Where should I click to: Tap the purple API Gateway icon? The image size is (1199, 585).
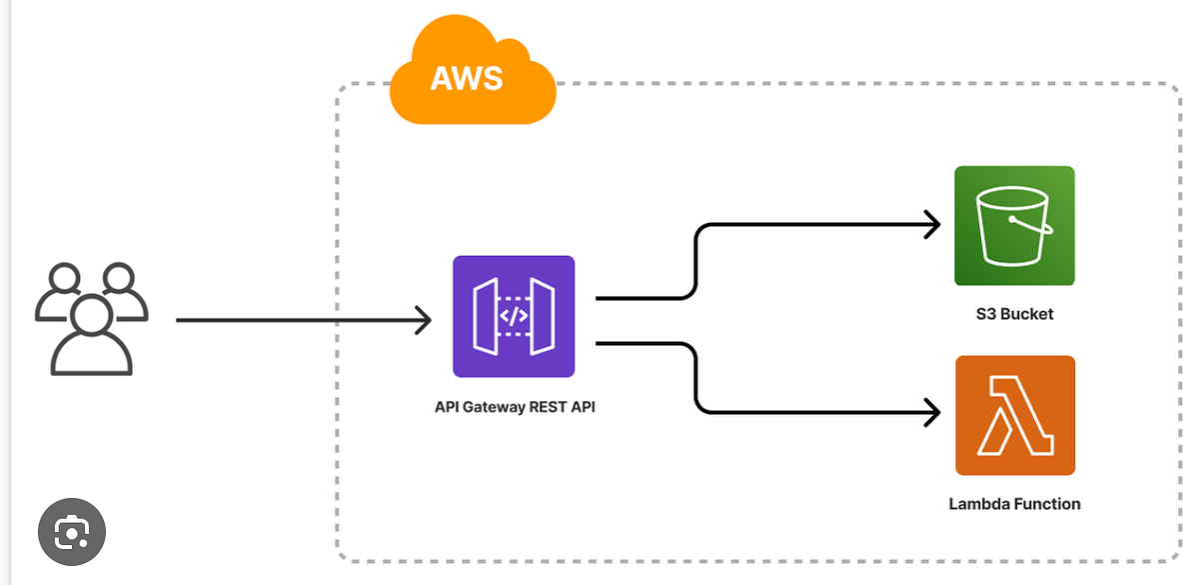[514, 317]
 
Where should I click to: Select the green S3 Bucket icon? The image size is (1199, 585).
[1014, 226]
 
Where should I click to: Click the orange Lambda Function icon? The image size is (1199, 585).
[1015, 415]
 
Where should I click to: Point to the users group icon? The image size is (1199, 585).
[91, 318]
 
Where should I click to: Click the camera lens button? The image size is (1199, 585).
[71, 531]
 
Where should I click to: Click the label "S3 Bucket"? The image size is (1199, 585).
[1014, 314]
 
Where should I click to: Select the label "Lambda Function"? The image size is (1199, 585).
[1014, 504]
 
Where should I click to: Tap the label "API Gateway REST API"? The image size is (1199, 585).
[515, 406]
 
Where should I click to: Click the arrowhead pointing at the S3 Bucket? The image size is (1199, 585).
[933, 225]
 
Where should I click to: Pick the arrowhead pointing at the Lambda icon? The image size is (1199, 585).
[933, 411]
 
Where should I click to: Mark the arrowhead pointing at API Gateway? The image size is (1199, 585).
[423, 320]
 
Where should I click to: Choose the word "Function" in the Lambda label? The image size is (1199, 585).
[1047, 504]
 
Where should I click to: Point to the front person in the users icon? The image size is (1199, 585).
[91, 337]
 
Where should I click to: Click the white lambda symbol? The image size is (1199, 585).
[1015, 415]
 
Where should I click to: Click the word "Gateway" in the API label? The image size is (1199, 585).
[491, 406]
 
